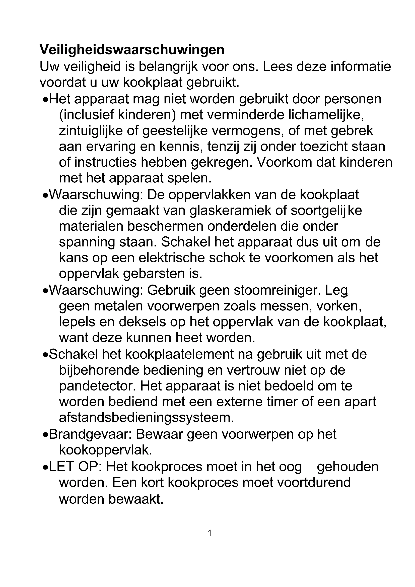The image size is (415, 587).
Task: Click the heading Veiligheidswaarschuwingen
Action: (x=132, y=50)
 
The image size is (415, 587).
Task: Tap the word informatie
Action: (x=361, y=67)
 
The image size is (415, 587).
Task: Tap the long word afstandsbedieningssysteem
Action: (x=147, y=418)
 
